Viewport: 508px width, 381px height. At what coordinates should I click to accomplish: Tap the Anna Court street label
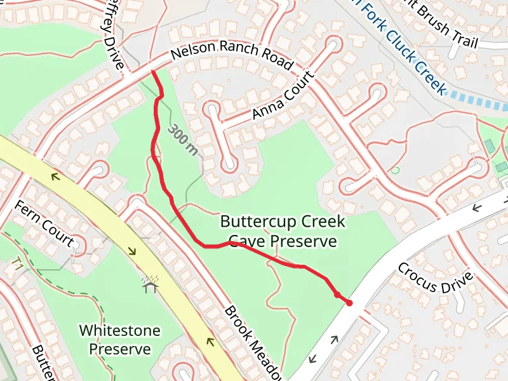tap(283, 96)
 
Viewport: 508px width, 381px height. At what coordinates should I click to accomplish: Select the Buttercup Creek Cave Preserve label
tap(283, 231)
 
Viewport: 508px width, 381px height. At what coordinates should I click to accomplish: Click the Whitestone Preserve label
tap(119, 340)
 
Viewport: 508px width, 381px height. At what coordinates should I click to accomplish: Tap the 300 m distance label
tap(183, 141)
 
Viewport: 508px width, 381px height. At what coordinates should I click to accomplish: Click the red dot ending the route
tap(349, 303)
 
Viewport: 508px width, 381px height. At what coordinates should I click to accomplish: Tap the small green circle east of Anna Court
tap(396, 170)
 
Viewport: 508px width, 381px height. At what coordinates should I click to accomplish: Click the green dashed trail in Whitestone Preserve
tap(76, 292)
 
